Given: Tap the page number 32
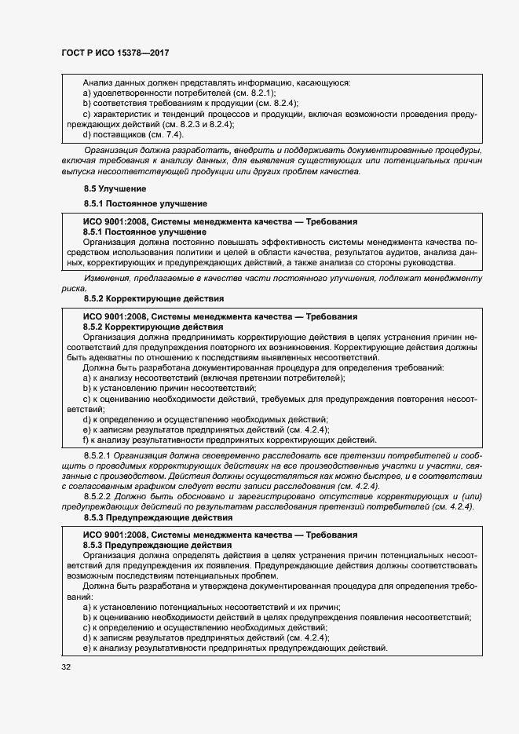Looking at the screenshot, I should (x=66, y=667).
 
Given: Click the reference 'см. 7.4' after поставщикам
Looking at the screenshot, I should (x=164, y=134).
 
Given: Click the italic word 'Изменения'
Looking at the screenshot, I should (x=108, y=279).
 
